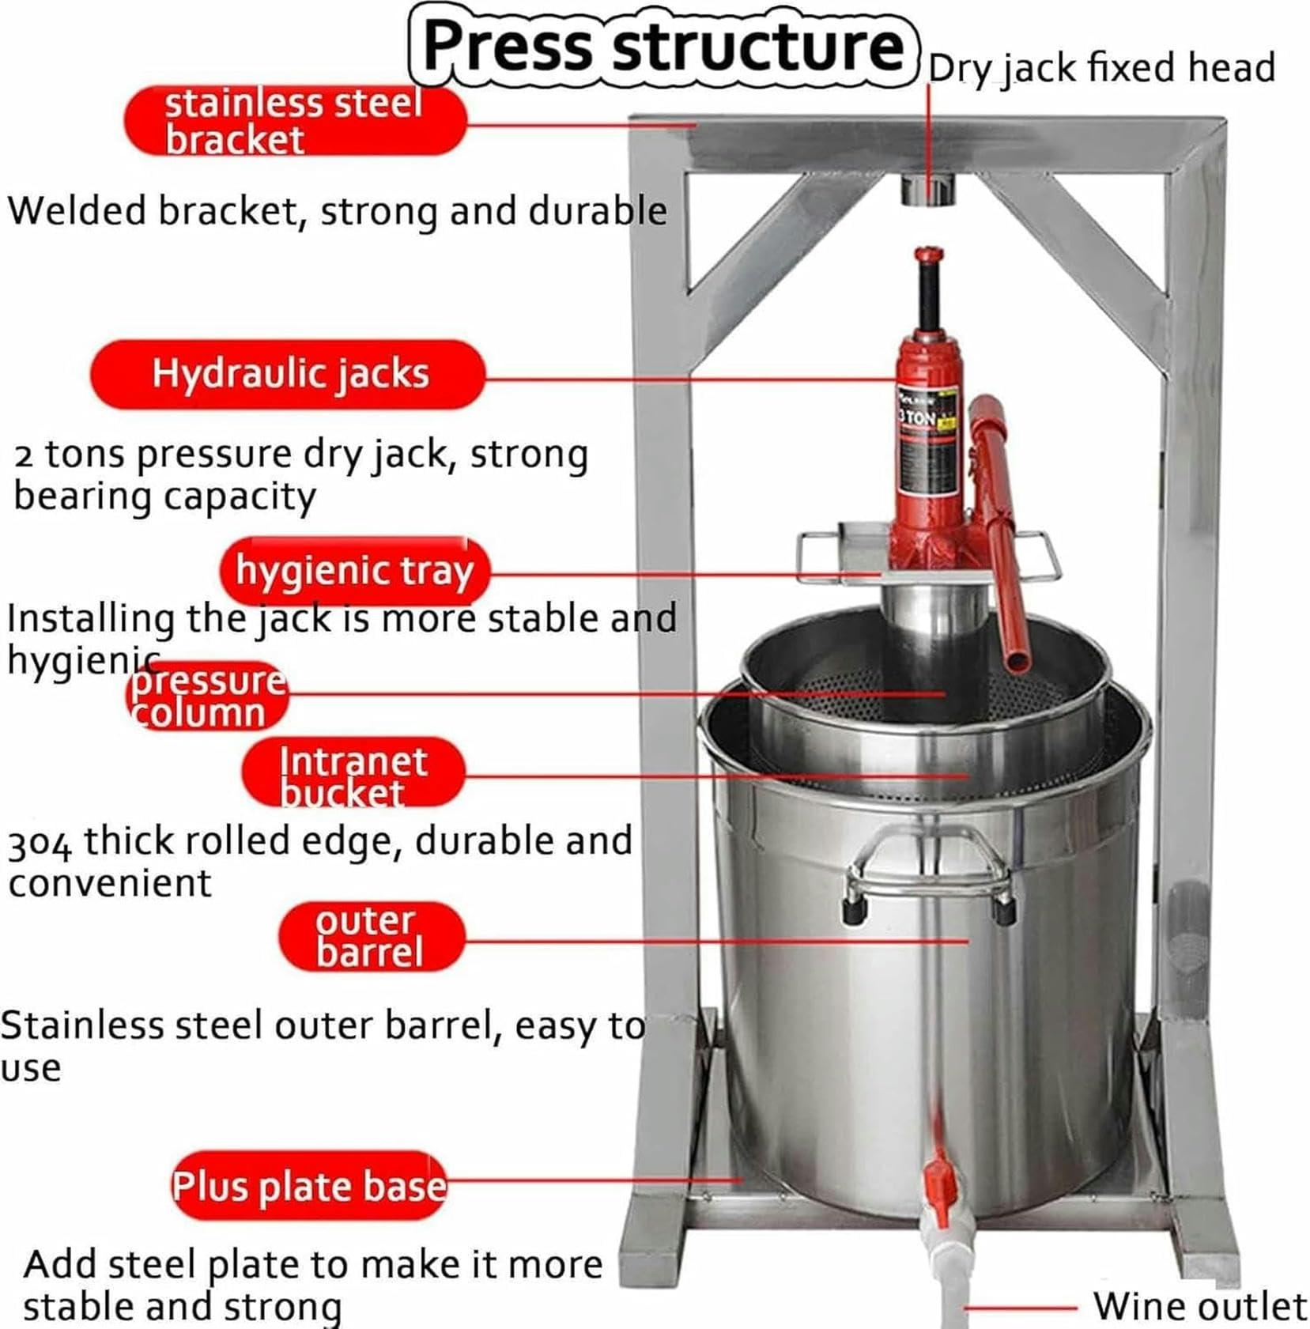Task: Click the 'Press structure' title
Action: [663, 46]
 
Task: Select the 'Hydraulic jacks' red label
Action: [288, 374]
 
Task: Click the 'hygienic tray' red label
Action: [354, 571]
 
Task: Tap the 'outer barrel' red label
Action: [370, 937]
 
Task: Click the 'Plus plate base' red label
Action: [309, 1186]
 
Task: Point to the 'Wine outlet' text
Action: [1199, 1306]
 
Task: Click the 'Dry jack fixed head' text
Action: [1101, 68]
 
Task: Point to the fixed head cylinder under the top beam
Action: [928, 191]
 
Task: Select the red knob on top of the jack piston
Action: [928, 255]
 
